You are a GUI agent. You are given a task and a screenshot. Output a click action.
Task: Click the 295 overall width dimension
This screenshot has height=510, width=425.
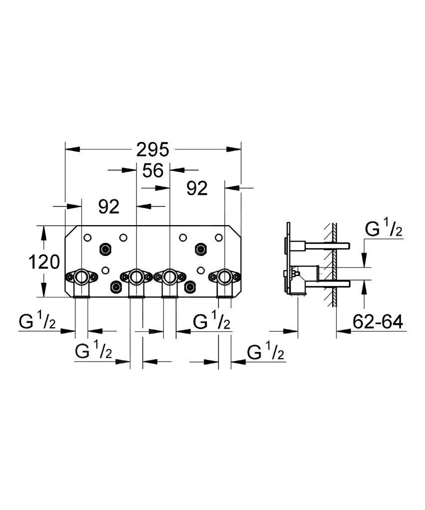(x=153, y=149)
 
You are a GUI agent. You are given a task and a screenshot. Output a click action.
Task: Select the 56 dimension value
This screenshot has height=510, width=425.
(x=153, y=170)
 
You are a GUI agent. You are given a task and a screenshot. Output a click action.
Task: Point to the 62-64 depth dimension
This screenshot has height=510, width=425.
(x=377, y=322)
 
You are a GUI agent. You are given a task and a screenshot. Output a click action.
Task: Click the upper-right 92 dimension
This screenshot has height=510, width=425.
(x=197, y=188)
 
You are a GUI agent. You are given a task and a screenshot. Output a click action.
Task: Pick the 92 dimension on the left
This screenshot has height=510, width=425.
(x=109, y=206)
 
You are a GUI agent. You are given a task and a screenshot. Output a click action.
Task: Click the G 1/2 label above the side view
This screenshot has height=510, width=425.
(x=383, y=229)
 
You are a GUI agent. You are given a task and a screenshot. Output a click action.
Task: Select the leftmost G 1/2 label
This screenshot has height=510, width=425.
(x=38, y=322)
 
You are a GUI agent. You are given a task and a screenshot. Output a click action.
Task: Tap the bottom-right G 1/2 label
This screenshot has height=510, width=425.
(x=266, y=352)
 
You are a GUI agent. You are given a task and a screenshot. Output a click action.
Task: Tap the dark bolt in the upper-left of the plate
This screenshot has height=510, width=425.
(x=105, y=248)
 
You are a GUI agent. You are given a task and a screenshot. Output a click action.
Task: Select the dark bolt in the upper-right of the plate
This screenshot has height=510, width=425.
(x=200, y=248)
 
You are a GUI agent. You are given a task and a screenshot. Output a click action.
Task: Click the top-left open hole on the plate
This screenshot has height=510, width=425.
(x=88, y=238)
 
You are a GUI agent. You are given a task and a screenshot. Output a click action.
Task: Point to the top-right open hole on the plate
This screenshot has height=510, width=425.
(x=218, y=238)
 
